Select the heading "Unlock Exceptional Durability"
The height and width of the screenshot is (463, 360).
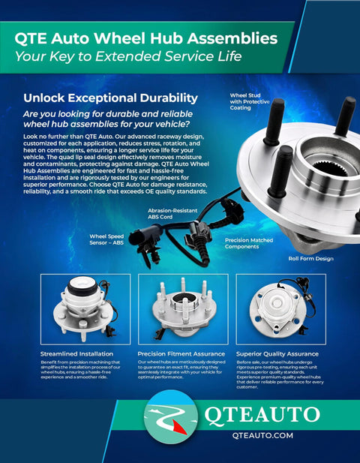tap(110, 98)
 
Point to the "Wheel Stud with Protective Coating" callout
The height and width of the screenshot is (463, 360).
tap(250, 101)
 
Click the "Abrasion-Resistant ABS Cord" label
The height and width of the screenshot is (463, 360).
tap(173, 215)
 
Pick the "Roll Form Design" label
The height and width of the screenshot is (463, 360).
tap(311, 258)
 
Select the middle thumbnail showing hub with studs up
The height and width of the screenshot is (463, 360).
tap(181, 309)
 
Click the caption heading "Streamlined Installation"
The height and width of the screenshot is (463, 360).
tap(77, 353)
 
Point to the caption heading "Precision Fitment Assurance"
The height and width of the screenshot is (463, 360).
tap(181, 353)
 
